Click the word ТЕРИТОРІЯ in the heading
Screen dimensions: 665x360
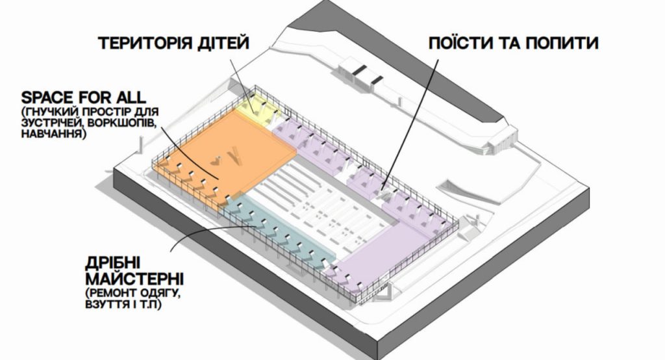144,44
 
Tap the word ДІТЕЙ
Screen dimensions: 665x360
222,44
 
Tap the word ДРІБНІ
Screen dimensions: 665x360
112,263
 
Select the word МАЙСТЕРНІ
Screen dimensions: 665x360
134,279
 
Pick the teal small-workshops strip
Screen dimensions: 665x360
278,231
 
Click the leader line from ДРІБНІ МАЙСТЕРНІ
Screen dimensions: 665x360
208,233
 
